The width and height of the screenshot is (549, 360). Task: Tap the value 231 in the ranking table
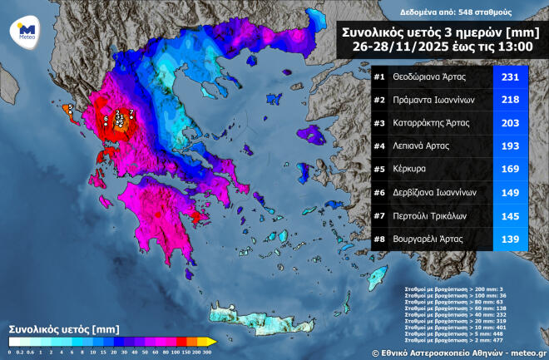pyautogui.click(x=511, y=77)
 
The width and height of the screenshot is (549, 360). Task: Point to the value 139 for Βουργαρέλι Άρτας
pyautogui.click(x=511, y=239)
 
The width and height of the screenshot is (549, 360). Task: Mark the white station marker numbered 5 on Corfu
pyautogui.click(x=71, y=107)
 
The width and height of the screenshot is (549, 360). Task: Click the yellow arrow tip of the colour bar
pyautogui.click(x=212, y=341)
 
